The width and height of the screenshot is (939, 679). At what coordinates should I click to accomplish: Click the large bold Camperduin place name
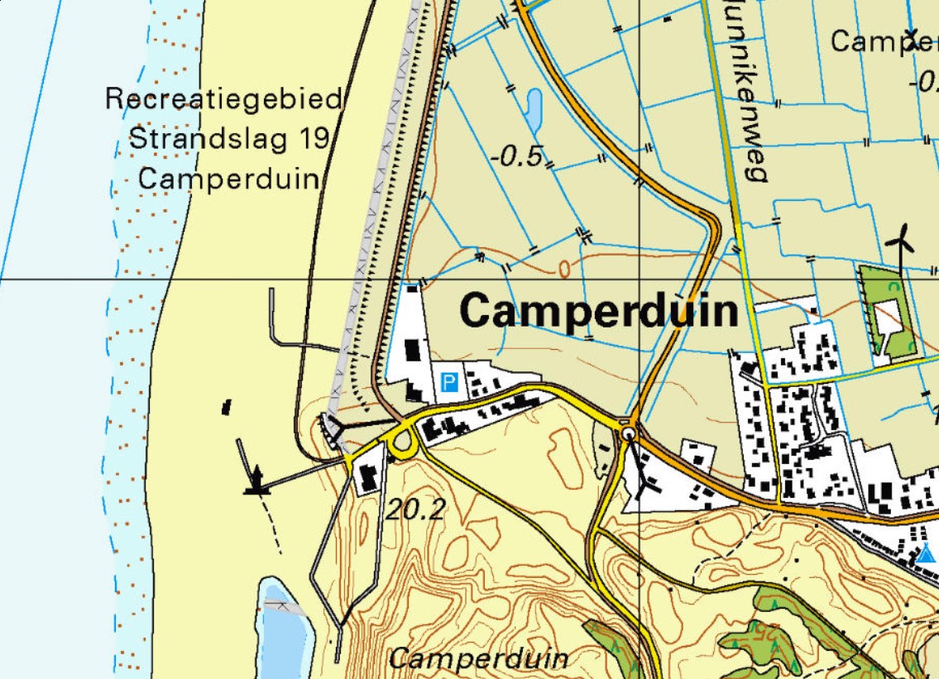tap(598, 312)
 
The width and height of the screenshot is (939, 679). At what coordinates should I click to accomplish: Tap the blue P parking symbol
tap(449, 382)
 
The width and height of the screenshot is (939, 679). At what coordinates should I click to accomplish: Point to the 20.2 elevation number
tap(414, 509)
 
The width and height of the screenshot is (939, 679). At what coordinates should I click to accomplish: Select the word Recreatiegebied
tap(224, 100)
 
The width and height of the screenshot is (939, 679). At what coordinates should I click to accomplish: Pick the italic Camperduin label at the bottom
tap(479, 658)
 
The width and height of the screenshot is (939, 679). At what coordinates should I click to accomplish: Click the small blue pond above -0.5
tap(533, 110)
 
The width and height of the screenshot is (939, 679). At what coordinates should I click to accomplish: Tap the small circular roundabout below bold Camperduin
tap(629, 433)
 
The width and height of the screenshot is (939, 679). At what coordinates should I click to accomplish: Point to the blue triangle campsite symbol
tap(927, 553)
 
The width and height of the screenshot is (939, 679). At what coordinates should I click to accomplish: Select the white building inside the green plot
tap(888, 316)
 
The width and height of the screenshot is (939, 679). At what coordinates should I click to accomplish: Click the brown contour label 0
tap(565, 268)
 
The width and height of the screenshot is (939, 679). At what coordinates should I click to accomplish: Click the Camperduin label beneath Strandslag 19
tap(228, 178)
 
